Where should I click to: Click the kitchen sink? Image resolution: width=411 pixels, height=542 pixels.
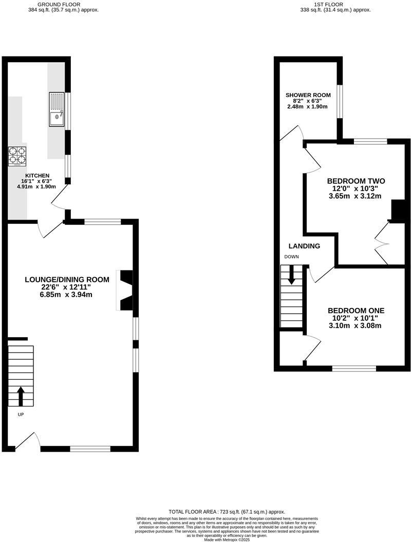[x=57, y=109]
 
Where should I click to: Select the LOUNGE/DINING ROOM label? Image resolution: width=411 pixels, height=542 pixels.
[x=67, y=280]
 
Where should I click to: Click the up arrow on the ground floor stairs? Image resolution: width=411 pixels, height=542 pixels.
[x=21, y=396]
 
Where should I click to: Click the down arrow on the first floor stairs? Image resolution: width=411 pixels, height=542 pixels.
[x=292, y=275]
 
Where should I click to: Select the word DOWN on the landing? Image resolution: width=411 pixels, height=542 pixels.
[x=291, y=257]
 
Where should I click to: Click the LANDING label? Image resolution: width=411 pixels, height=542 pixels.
[x=304, y=246]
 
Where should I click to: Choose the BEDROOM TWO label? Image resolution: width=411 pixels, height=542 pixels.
[x=356, y=181]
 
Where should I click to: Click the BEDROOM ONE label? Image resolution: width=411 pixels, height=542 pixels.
[x=356, y=311]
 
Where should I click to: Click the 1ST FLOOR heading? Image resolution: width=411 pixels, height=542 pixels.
[x=336, y=4]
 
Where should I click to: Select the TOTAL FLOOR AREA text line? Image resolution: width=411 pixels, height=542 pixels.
[x=227, y=512]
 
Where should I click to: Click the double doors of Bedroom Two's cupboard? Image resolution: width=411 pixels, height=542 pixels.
[x=382, y=243]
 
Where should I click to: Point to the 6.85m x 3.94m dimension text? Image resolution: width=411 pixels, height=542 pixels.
[x=66, y=295]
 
